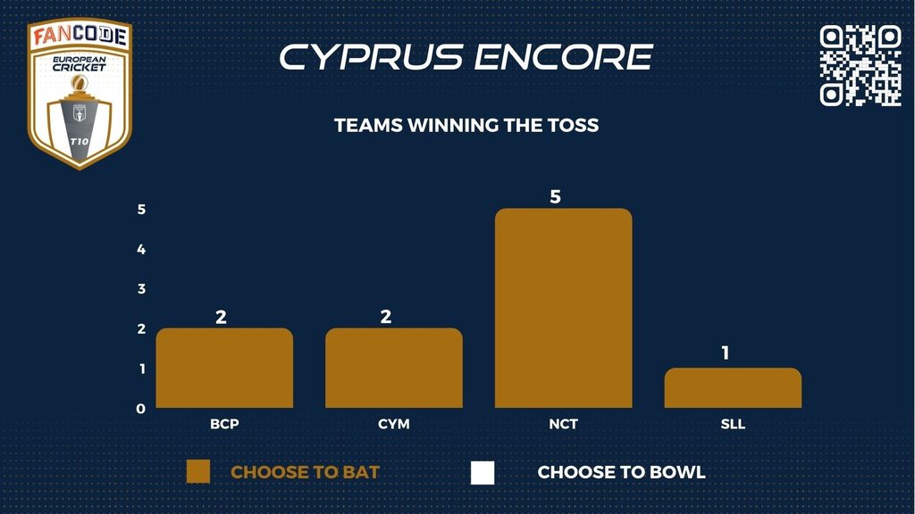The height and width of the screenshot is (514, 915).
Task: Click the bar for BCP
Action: (x=224, y=368)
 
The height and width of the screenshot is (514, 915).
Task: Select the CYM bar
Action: (x=394, y=368)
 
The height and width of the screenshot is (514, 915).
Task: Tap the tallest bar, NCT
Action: (x=563, y=308)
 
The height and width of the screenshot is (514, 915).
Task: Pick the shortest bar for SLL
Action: (x=733, y=387)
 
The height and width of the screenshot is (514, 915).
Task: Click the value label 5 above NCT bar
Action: (x=556, y=197)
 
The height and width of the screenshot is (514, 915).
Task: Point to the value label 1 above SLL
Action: (x=726, y=352)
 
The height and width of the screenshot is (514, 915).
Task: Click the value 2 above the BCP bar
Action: (x=221, y=317)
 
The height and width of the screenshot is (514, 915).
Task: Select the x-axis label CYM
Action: (x=394, y=424)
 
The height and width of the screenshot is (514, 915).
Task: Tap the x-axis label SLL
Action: (x=733, y=424)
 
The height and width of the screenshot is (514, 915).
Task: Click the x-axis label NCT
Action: (x=563, y=424)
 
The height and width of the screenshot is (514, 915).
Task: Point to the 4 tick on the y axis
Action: (x=141, y=250)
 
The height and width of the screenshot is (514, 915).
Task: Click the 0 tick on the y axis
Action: (x=140, y=409)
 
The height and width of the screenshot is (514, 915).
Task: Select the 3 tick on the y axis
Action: (x=141, y=289)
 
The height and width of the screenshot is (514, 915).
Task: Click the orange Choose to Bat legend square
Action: (x=198, y=472)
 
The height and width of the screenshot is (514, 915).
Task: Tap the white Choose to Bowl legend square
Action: (x=483, y=473)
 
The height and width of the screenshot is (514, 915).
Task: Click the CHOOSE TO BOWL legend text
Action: (x=622, y=472)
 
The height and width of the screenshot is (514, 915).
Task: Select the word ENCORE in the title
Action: (x=563, y=57)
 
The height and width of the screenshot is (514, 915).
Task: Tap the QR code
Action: (x=860, y=65)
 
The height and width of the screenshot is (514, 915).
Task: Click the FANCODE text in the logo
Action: (x=80, y=36)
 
